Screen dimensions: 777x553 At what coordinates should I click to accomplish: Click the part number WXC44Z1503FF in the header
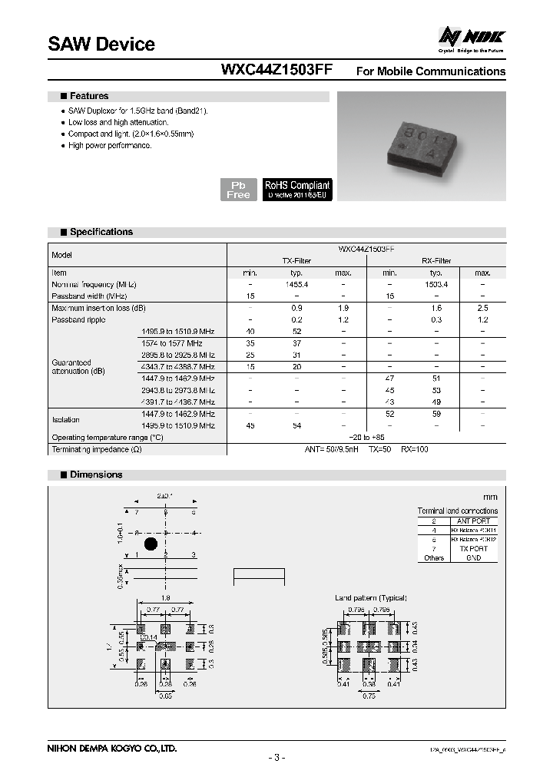click(276, 71)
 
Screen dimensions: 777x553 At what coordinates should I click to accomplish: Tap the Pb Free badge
click(238, 190)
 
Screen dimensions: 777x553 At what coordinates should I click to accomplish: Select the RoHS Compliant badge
click(297, 190)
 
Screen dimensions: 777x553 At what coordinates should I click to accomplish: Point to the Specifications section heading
click(101, 232)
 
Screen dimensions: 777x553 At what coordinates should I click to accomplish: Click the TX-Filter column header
click(296, 261)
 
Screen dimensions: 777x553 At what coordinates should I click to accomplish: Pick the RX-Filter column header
click(436, 261)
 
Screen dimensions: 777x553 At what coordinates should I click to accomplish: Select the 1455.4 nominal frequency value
click(296, 284)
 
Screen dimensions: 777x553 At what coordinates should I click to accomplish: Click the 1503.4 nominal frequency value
click(436, 284)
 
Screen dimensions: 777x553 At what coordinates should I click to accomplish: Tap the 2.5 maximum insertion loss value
click(482, 308)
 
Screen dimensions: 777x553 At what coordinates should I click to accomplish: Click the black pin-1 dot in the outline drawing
click(151, 544)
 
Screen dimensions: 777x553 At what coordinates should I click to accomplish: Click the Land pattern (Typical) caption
click(371, 597)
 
